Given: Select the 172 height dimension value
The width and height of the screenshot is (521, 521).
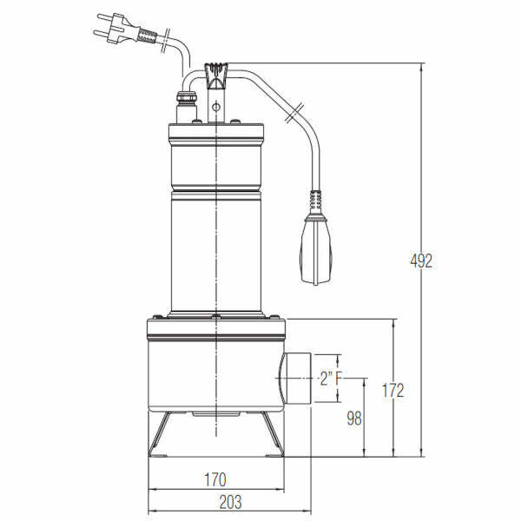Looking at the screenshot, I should pyautogui.click(x=392, y=390).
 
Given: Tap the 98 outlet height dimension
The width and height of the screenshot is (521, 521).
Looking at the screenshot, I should pyautogui.click(x=353, y=418).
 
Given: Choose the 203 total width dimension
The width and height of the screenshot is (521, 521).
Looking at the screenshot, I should pyautogui.click(x=229, y=501).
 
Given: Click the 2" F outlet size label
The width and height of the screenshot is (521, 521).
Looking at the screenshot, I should pyautogui.click(x=329, y=378).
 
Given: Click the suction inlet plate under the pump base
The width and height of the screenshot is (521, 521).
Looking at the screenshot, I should pyautogui.click(x=215, y=415).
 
